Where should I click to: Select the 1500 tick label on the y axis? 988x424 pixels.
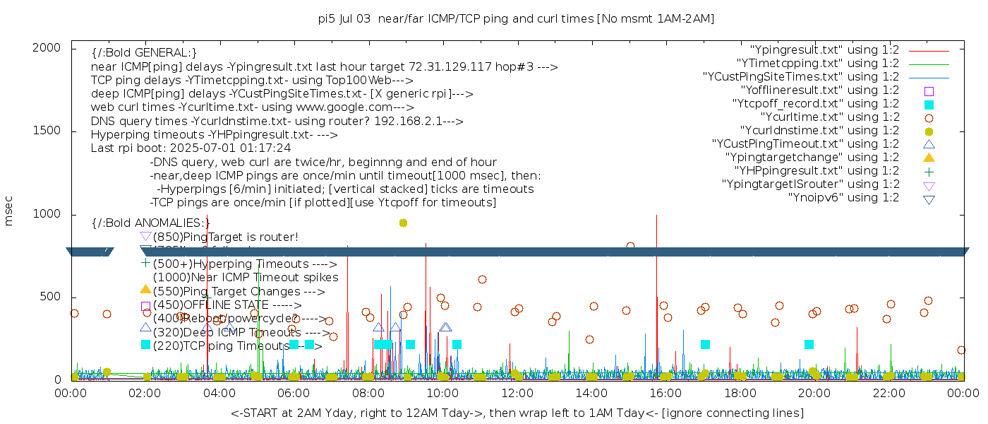[51, 131]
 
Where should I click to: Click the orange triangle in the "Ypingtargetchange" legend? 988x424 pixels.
[929, 158]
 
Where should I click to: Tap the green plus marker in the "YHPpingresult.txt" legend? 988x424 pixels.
[929, 171]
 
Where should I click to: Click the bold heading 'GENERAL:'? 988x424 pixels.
[144, 53]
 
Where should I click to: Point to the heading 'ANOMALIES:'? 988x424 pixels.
[151, 223]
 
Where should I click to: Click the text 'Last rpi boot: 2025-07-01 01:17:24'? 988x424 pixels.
[191, 148]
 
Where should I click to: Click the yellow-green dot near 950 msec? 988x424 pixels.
[403, 223]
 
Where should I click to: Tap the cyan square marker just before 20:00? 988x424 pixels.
[809, 344]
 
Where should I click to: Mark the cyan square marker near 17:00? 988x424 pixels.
[705, 344]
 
